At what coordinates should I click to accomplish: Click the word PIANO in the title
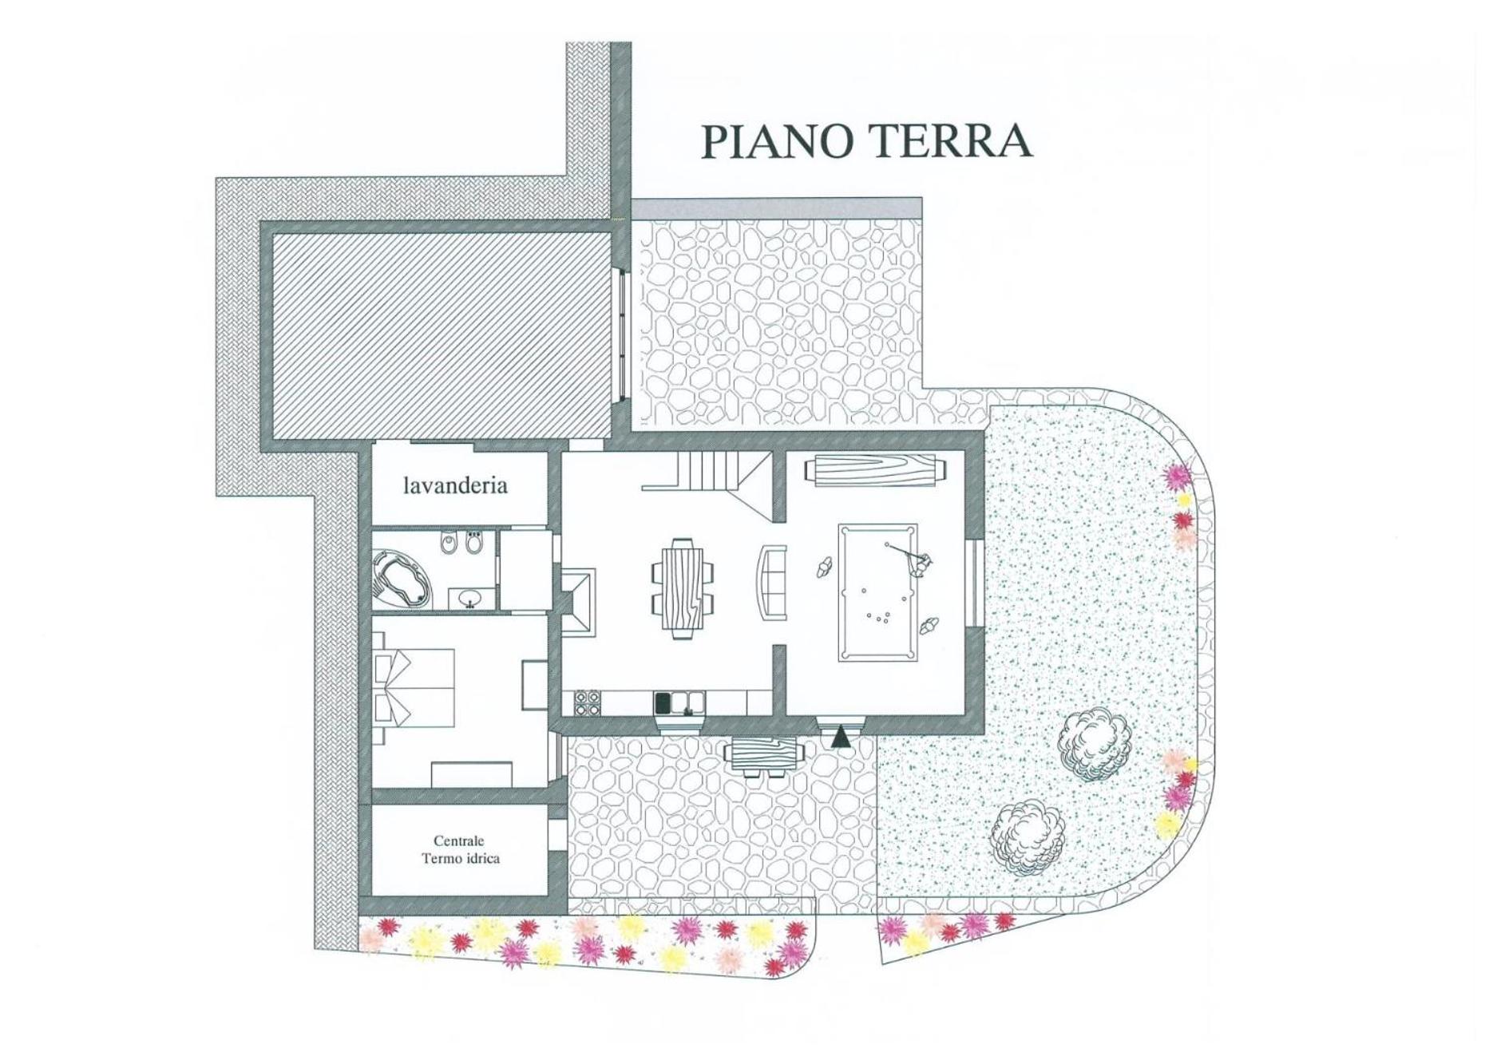click(777, 140)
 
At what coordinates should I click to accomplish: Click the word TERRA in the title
click(949, 140)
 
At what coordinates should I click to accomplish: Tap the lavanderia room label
click(455, 485)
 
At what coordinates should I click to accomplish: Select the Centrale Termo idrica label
click(461, 849)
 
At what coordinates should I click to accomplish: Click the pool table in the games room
click(877, 592)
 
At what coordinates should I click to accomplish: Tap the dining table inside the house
click(683, 589)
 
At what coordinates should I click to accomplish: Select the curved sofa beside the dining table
click(771, 582)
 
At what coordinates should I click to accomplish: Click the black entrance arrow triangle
click(840, 737)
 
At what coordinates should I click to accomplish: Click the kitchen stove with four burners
click(588, 702)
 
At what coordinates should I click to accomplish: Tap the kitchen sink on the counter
click(680, 702)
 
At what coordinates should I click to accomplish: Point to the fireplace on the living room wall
click(578, 601)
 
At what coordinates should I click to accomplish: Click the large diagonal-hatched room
click(442, 335)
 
